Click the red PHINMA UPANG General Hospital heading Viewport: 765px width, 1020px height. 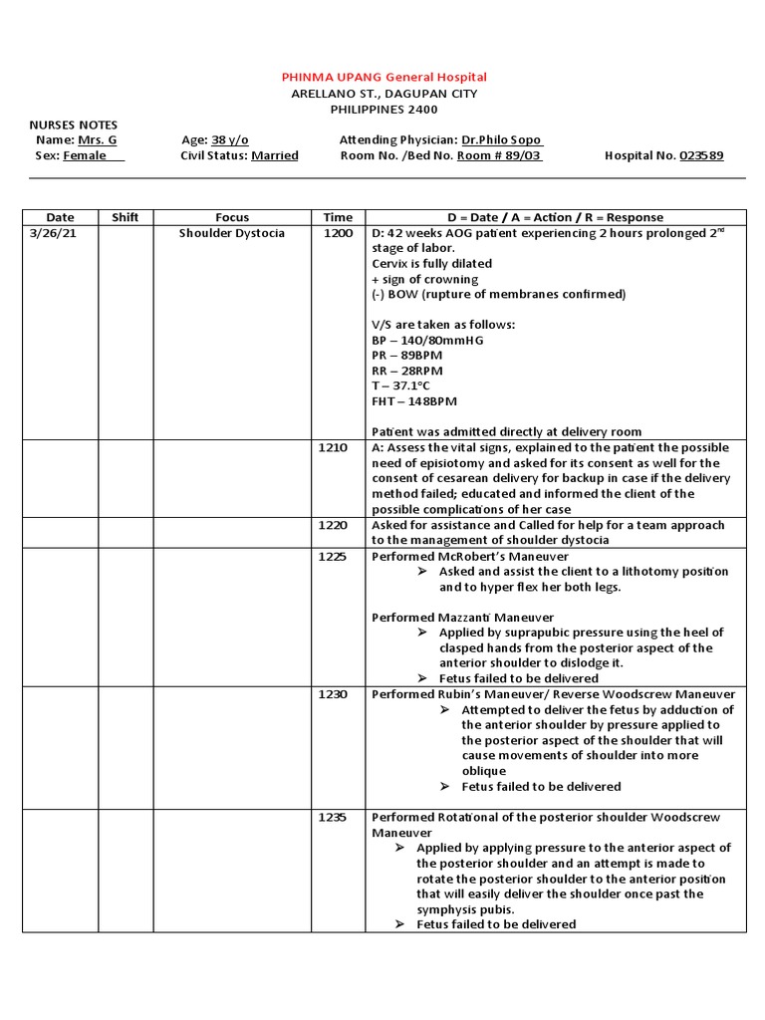383,77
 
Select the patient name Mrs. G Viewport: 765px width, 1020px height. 98,140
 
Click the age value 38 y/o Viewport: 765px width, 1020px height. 229,140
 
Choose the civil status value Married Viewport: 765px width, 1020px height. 275,155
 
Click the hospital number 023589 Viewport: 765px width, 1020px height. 701,155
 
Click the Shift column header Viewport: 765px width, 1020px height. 126,217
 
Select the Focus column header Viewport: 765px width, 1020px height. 232,217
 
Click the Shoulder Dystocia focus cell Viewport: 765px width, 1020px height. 232,233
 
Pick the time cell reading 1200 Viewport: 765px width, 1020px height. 338,233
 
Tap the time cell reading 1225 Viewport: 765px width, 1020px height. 333,556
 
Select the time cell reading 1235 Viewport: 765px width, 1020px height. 333,817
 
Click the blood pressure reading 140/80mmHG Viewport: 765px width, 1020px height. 426,340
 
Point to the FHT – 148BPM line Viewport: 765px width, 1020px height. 414,401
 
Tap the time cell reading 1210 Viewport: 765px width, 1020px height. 333,448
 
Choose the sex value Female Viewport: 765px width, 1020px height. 86,155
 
